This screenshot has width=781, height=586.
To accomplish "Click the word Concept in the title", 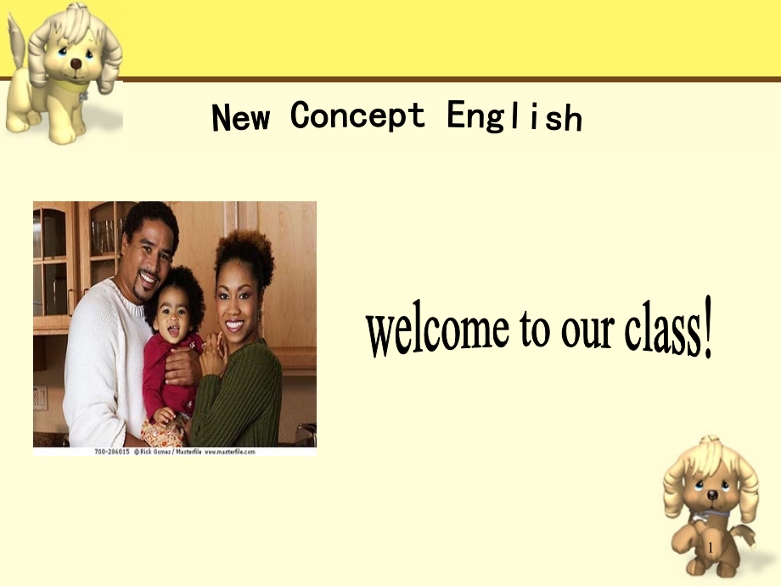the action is click(x=357, y=116).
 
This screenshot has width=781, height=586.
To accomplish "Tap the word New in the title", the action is click(x=240, y=117).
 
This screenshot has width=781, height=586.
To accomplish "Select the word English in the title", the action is click(x=514, y=116).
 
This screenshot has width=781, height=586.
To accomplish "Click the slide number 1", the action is click(x=711, y=548).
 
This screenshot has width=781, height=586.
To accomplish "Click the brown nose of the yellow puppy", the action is click(x=76, y=64).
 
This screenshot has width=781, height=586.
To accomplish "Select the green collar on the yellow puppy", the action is click(x=69, y=87).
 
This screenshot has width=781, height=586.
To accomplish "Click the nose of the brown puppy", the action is click(x=712, y=495).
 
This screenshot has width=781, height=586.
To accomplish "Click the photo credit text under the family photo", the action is click(x=175, y=452).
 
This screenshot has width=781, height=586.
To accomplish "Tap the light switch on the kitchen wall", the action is click(x=40, y=397).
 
